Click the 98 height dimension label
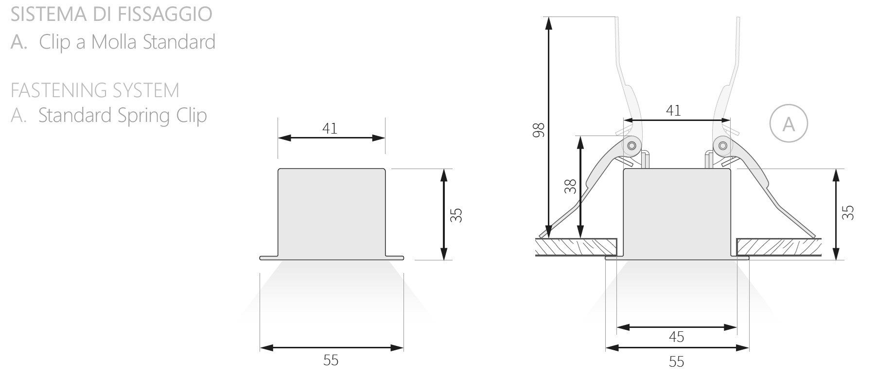(x=539, y=130)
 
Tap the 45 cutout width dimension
(x=676, y=337)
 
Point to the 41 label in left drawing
(x=330, y=128)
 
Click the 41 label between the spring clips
(x=673, y=111)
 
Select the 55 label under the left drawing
(x=331, y=360)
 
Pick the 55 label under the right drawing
(x=676, y=361)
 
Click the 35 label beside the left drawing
(x=456, y=215)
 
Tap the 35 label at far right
(x=848, y=212)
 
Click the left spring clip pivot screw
(x=631, y=145)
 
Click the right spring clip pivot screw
(x=722, y=145)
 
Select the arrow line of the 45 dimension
(x=676, y=327)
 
